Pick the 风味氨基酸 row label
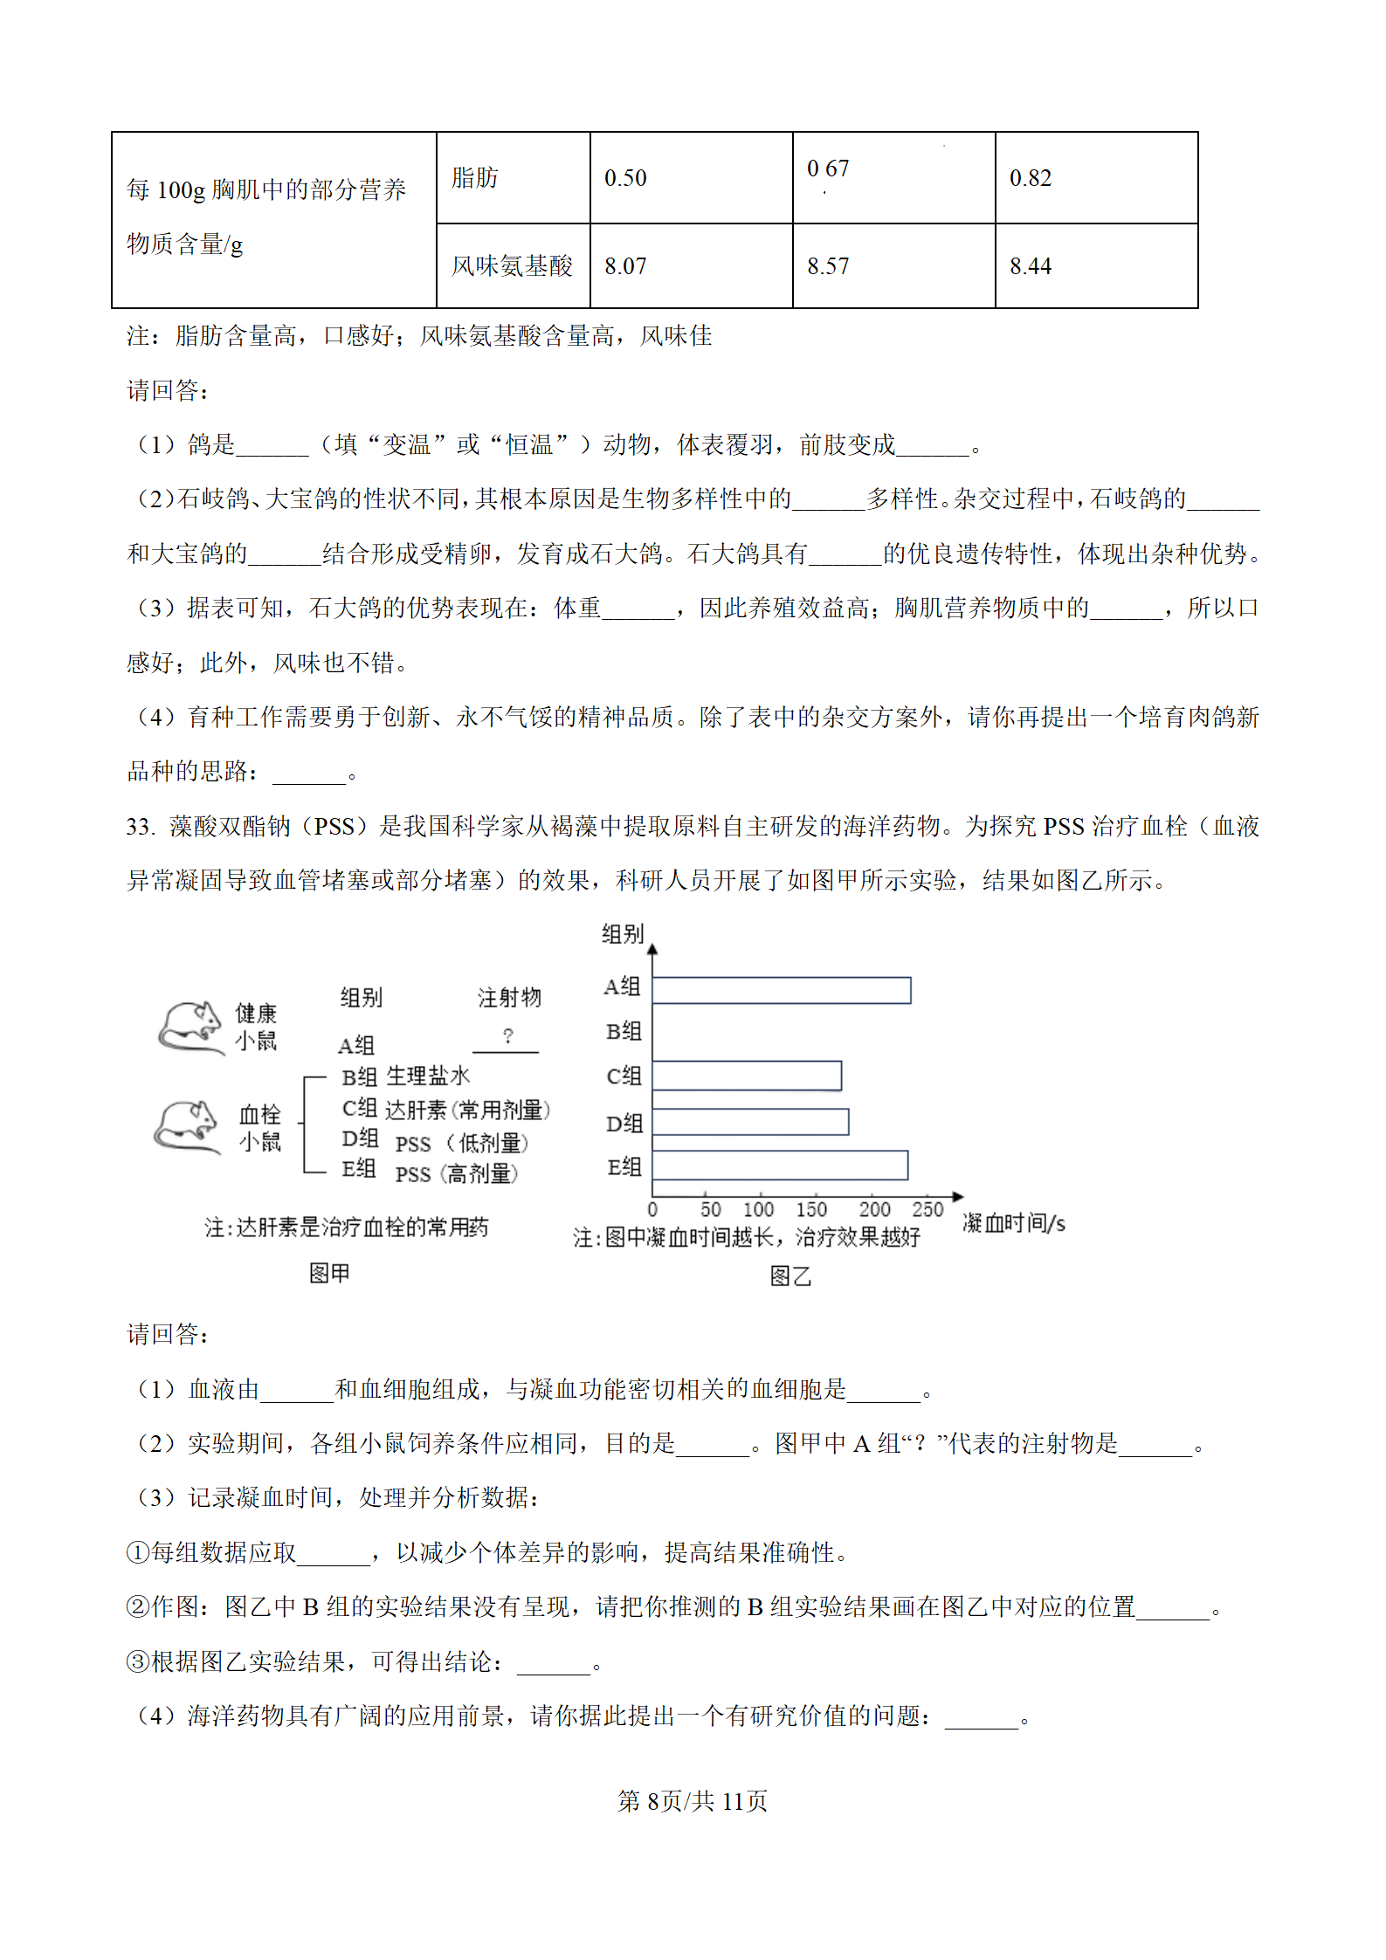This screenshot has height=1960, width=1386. pos(512,266)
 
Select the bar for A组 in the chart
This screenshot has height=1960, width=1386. pos(781,990)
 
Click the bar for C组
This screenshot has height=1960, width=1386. pos(747,1076)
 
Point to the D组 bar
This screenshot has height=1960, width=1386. pos(750,1122)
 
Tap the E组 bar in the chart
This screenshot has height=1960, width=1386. pos(780,1166)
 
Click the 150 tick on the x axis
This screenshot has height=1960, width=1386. pos(811,1210)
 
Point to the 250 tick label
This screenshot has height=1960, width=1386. pos(927,1210)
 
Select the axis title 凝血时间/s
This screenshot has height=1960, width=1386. pos(1013,1223)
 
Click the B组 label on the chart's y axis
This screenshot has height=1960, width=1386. pos(624,1032)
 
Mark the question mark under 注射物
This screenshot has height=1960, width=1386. pos(507,1036)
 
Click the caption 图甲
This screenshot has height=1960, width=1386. pos(329,1274)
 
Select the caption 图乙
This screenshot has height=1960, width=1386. pos(790,1276)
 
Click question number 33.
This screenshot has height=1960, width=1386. pos(140,827)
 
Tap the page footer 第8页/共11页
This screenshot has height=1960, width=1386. pos(692,1800)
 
